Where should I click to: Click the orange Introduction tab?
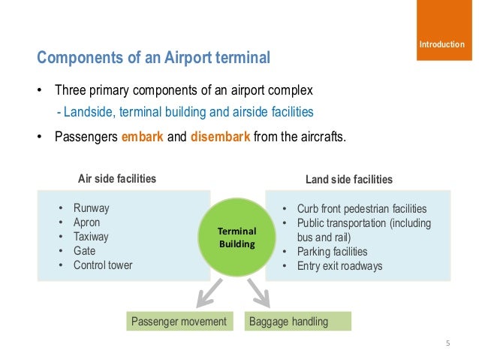(x=441, y=45)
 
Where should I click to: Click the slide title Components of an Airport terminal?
(x=153, y=58)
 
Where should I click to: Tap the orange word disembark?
(x=221, y=138)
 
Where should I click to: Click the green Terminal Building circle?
(x=237, y=237)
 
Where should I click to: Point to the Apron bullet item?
(x=86, y=222)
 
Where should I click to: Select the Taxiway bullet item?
(x=91, y=237)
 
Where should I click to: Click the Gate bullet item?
(x=84, y=251)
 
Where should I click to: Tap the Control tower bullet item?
(x=103, y=265)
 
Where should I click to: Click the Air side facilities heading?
(x=117, y=179)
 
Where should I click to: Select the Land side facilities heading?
(x=348, y=180)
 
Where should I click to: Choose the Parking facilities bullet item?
(x=332, y=252)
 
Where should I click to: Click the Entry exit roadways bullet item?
(x=339, y=266)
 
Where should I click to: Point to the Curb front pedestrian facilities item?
(x=361, y=209)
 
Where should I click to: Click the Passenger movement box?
(x=179, y=322)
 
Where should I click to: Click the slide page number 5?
(x=447, y=344)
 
